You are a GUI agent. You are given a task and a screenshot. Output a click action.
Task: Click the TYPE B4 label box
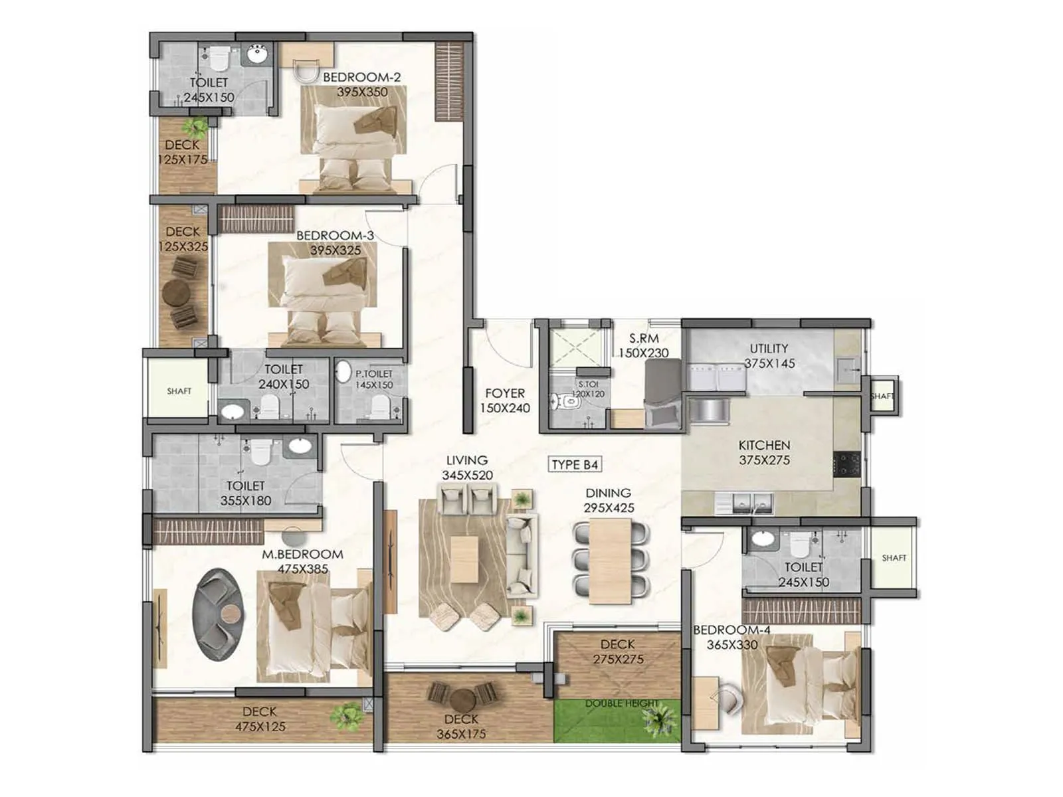coord(575,464)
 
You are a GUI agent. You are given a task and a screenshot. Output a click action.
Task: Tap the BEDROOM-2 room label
coord(362,78)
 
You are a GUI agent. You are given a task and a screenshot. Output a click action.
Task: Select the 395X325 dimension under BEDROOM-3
coord(336,250)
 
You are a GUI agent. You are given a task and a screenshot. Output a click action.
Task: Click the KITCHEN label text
coord(764,445)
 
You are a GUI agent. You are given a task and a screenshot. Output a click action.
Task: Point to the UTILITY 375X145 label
coord(769,356)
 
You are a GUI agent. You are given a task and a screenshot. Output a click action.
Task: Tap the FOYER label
coord(504,393)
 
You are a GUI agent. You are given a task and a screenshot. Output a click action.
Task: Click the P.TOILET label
coord(373,374)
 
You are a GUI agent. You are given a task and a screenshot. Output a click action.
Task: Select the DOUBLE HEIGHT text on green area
coord(622,703)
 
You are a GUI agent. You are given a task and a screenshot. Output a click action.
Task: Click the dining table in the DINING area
coord(610,561)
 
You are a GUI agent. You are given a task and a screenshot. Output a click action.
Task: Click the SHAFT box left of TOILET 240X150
coord(179,391)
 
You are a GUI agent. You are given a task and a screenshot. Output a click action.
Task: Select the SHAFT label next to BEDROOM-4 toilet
coord(894,558)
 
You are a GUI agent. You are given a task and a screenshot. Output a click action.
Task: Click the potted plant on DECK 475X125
coord(347,715)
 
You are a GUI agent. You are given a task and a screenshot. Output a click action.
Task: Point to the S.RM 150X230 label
coord(643,346)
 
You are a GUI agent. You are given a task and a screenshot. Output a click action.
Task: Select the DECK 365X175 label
coord(461,727)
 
